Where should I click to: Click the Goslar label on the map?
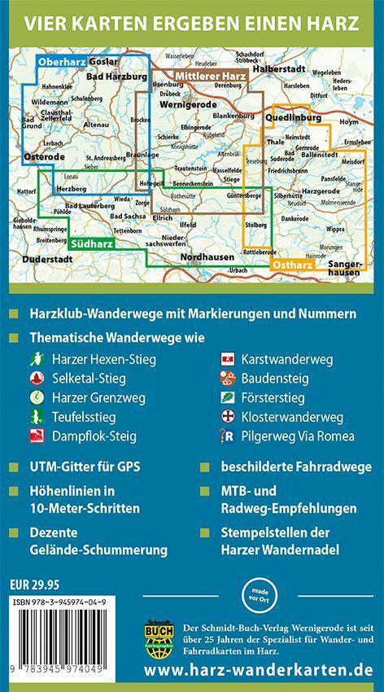pyautogui.click(x=104, y=62)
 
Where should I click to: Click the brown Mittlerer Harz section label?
pyautogui.click(x=211, y=77)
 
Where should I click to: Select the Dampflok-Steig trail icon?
pyautogui.click(x=37, y=436)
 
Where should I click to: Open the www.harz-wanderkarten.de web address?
pyautogui.click(x=257, y=672)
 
